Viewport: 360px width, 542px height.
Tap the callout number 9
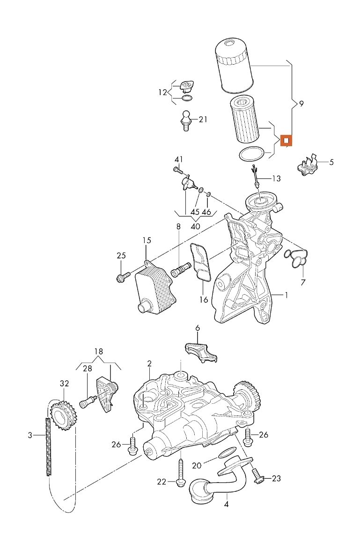coord(301,104)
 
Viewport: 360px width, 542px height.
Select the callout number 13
coord(276,178)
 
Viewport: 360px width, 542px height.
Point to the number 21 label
coord(202,119)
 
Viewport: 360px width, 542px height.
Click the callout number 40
coord(196,226)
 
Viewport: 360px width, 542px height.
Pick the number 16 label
coord(204,299)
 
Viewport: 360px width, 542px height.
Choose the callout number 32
coord(64,383)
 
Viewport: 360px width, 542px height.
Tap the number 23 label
coord(276,478)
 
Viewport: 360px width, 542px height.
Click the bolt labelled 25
coord(122,277)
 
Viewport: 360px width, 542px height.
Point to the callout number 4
coord(227,505)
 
